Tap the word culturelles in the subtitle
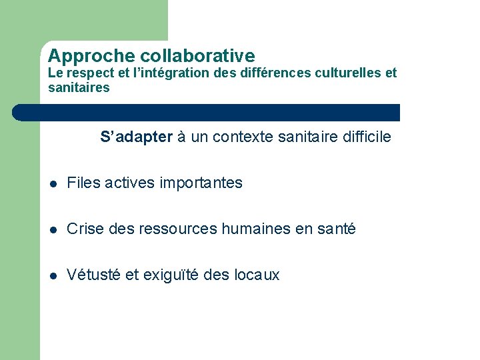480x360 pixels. [348, 73]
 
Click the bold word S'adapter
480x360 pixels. [136, 138]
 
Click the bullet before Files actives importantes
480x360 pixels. [53, 183]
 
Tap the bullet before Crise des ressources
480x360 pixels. [53, 229]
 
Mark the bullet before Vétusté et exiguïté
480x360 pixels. [53, 275]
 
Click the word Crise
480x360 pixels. [84, 229]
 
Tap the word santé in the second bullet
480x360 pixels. [336, 229]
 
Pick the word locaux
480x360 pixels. [257, 275]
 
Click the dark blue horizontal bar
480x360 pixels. [207, 112]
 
